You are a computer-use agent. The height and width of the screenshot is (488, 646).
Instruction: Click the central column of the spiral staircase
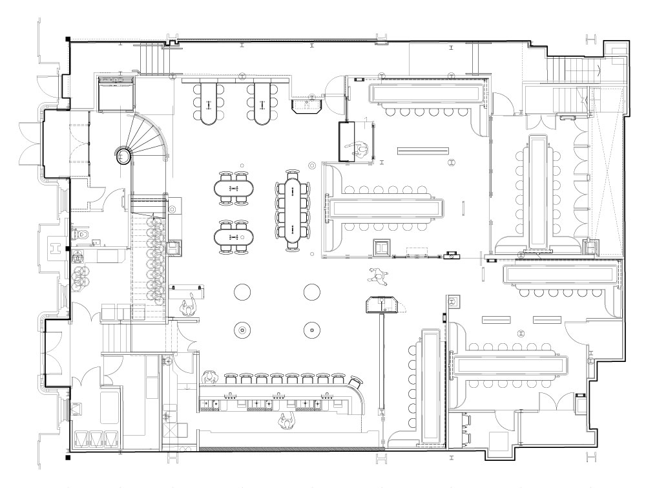click(x=123, y=154)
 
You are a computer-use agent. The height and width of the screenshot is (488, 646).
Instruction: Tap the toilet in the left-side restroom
click(x=75, y=234)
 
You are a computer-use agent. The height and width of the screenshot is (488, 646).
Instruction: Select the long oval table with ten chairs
click(x=293, y=210)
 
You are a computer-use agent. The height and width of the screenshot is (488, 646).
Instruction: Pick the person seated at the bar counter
click(x=208, y=377)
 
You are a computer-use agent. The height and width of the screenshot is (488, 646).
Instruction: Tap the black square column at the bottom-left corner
click(x=67, y=458)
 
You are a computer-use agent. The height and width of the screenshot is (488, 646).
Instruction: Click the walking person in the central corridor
click(x=377, y=276)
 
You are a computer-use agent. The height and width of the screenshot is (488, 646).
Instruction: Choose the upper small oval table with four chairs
click(x=234, y=188)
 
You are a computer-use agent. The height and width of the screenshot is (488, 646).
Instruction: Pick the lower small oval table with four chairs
click(x=234, y=237)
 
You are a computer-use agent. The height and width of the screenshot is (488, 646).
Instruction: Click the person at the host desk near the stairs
click(x=189, y=306)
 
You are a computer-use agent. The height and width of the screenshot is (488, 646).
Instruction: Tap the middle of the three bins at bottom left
click(x=96, y=438)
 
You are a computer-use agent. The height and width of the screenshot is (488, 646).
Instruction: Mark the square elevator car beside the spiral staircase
click(x=116, y=94)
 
